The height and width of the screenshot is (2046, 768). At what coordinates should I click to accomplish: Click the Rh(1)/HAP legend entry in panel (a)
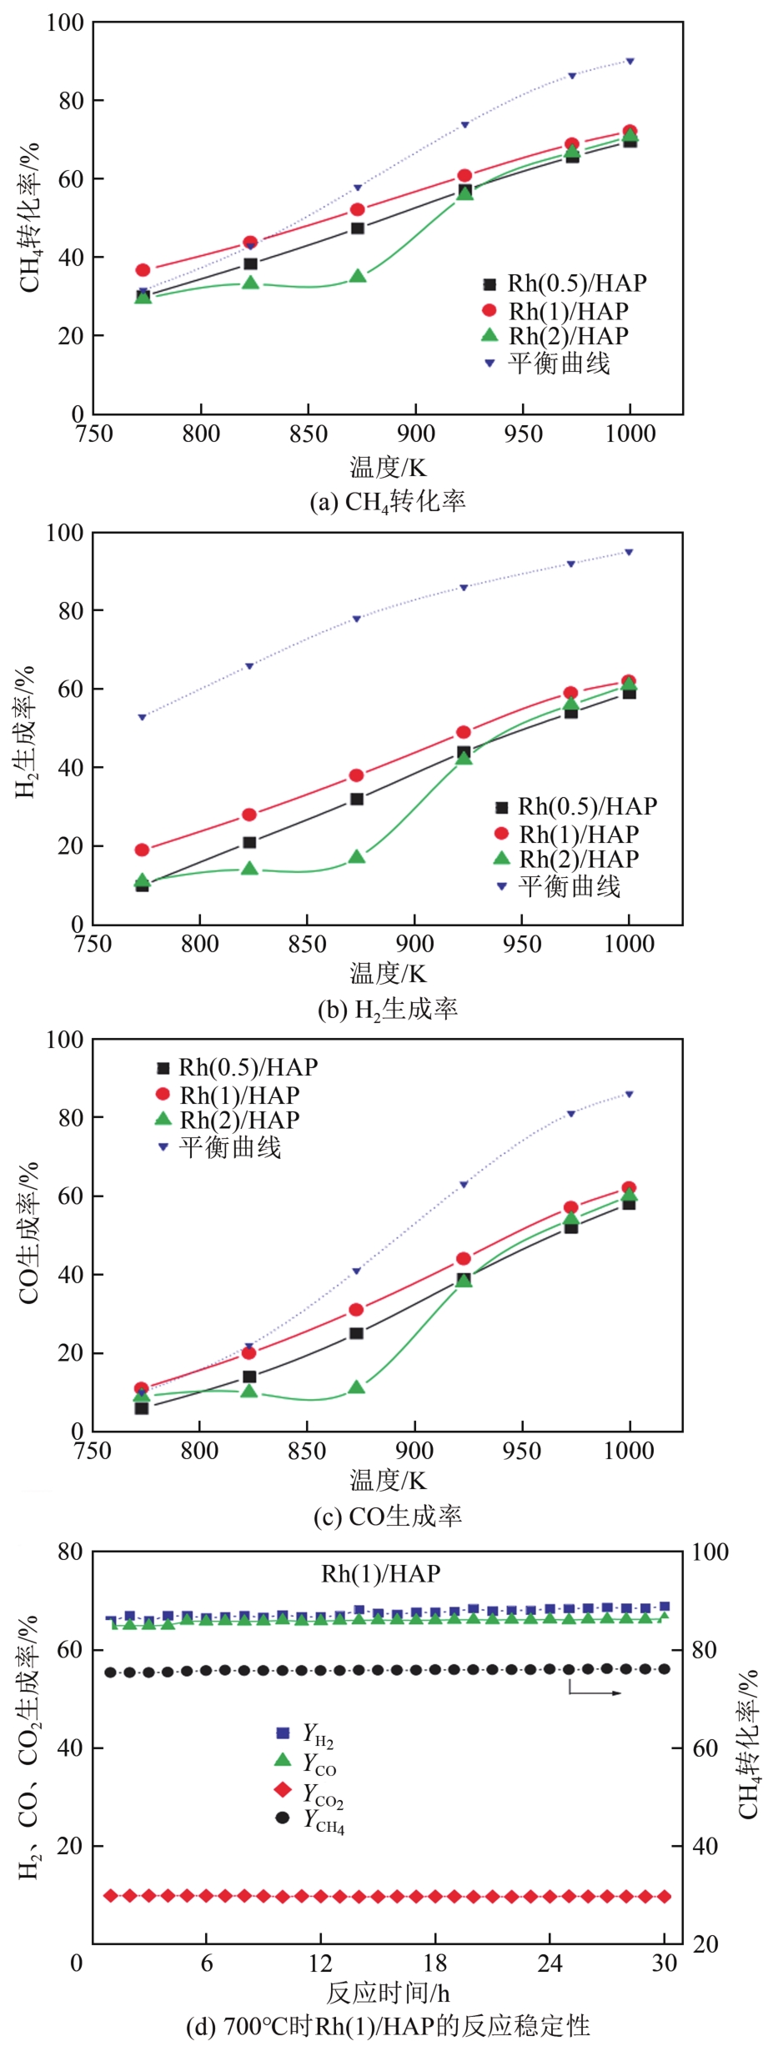(x=557, y=311)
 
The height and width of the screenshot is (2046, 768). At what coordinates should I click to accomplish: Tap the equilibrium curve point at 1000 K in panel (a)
(x=630, y=62)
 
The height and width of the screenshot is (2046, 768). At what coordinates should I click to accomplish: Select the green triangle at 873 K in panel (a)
(x=358, y=275)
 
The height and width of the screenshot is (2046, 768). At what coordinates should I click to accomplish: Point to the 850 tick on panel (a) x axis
(x=309, y=434)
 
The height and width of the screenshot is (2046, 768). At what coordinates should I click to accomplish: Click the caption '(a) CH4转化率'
(x=388, y=501)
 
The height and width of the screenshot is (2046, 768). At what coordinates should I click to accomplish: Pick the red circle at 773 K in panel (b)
(x=142, y=850)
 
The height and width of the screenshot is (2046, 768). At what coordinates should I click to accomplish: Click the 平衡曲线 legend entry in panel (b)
(x=559, y=886)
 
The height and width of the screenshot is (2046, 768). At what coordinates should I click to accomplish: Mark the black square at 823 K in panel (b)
(x=249, y=842)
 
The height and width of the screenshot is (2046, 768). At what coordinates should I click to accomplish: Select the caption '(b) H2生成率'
(x=388, y=1010)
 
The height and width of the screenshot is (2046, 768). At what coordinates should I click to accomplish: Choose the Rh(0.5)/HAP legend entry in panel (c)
(x=238, y=1067)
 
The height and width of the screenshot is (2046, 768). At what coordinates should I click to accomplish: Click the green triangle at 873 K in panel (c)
(x=357, y=1387)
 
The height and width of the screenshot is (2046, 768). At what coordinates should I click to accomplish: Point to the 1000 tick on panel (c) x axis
(x=629, y=1451)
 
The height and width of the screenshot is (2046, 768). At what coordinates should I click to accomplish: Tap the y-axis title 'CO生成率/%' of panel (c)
(x=28, y=1233)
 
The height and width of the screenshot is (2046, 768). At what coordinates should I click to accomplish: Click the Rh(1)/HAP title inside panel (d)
(x=381, y=1573)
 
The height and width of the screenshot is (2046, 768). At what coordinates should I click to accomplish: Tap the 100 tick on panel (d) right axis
(x=710, y=1552)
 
